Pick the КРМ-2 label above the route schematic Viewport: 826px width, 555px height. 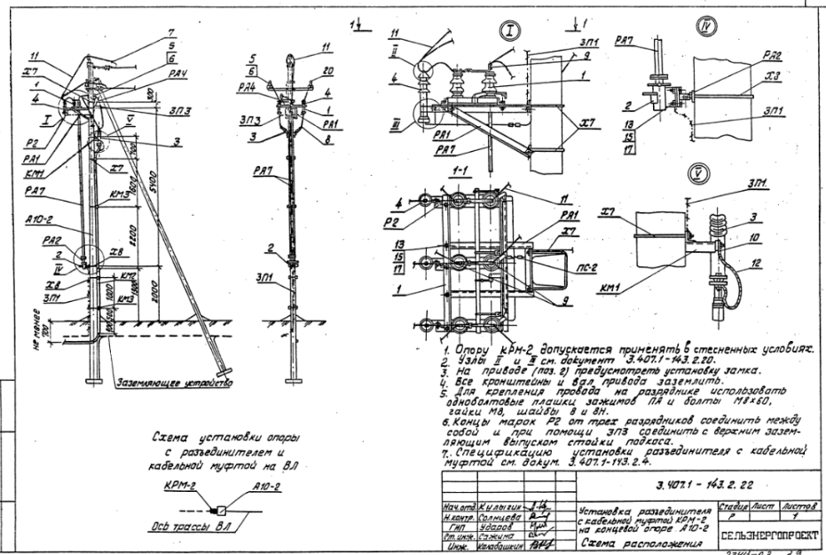click(x=182, y=488)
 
